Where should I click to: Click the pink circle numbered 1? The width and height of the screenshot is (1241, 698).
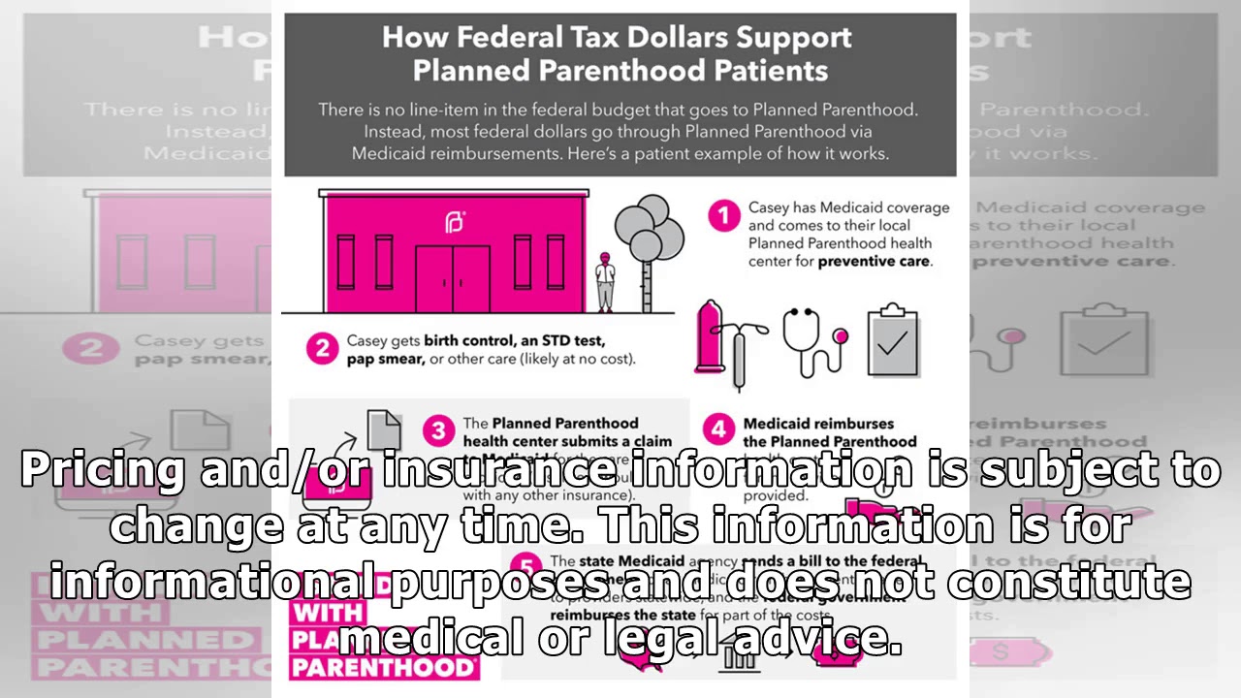[x=723, y=215]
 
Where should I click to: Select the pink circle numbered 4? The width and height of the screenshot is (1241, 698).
[x=718, y=429]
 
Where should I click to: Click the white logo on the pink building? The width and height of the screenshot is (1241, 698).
[x=455, y=222]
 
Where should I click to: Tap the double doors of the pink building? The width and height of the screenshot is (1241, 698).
[x=453, y=278]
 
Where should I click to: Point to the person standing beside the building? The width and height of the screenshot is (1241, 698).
[x=605, y=282]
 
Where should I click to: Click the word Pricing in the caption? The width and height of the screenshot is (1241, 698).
[x=102, y=470]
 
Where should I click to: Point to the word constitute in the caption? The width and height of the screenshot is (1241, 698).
[x=1069, y=583]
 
